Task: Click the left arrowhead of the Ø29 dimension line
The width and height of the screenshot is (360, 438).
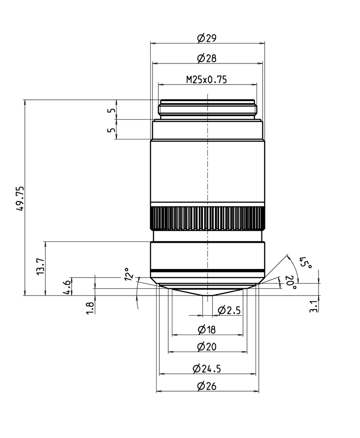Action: (153, 43)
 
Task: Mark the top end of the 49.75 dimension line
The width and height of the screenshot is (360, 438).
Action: (25, 100)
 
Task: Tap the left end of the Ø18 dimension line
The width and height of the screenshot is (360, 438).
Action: (172, 335)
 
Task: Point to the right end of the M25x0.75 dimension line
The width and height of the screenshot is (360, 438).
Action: (256, 84)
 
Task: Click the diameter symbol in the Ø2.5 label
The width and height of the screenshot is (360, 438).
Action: (221, 310)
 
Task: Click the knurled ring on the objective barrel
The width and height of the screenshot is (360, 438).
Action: (207, 218)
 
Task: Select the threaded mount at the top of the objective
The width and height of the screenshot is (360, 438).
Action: (207, 109)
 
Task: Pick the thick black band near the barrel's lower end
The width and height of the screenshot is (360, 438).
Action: (207, 271)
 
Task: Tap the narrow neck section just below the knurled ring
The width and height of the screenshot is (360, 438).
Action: (207, 236)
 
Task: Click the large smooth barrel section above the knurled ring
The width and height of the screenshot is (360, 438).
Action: (207, 171)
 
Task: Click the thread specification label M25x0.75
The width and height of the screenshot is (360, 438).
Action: (207, 80)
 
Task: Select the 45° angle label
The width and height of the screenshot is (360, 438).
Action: (306, 262)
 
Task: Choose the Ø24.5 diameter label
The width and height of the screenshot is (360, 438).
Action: (207, 369)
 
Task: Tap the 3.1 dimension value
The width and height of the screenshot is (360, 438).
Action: (314, 306)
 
